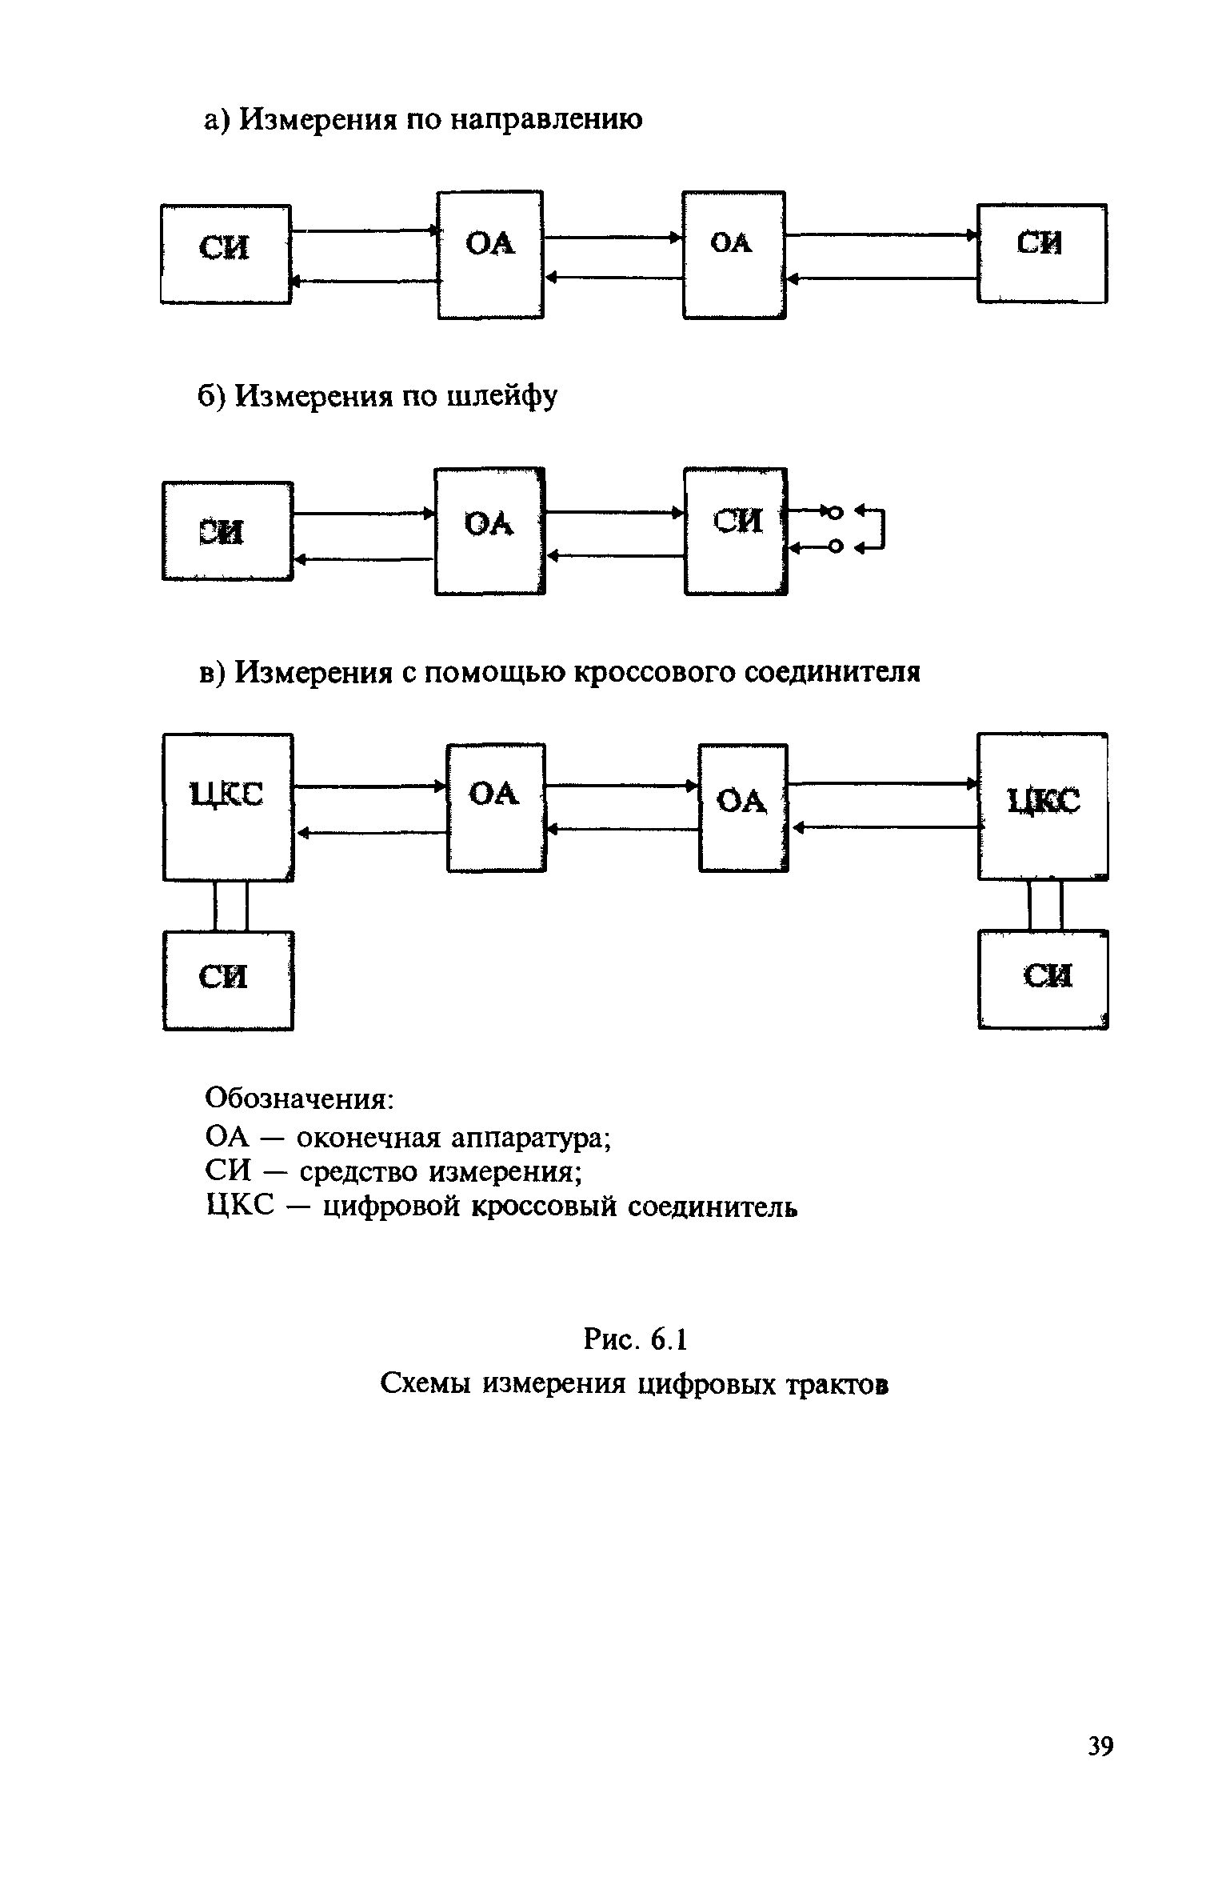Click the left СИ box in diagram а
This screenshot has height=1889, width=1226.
tap(226, 254)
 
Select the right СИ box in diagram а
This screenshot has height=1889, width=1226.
tap(1042, 253)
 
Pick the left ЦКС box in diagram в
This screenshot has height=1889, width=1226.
tap(228, 806)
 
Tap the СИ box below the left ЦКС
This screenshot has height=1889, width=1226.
tap(228, 980)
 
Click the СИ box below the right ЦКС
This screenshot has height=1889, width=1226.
tap(1043, 979)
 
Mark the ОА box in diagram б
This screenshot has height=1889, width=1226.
tap(489, 531)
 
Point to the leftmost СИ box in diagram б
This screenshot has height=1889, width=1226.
tap(227, 530)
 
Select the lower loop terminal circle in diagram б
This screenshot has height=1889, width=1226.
tap(836, 546)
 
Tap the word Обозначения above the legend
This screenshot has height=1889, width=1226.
tap(299, 1098)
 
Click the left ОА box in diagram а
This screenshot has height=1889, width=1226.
tap(490, 254)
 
